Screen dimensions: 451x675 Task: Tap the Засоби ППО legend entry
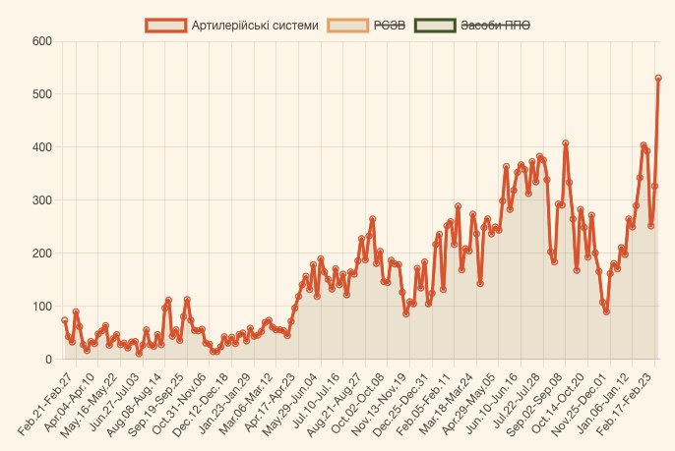coord(496,26)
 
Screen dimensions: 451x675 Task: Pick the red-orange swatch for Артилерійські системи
coord(165,26)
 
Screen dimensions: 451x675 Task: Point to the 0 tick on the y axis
coord(47,360)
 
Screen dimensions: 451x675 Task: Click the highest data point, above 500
coord(658,78)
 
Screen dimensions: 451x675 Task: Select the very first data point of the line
coord(65,320)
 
